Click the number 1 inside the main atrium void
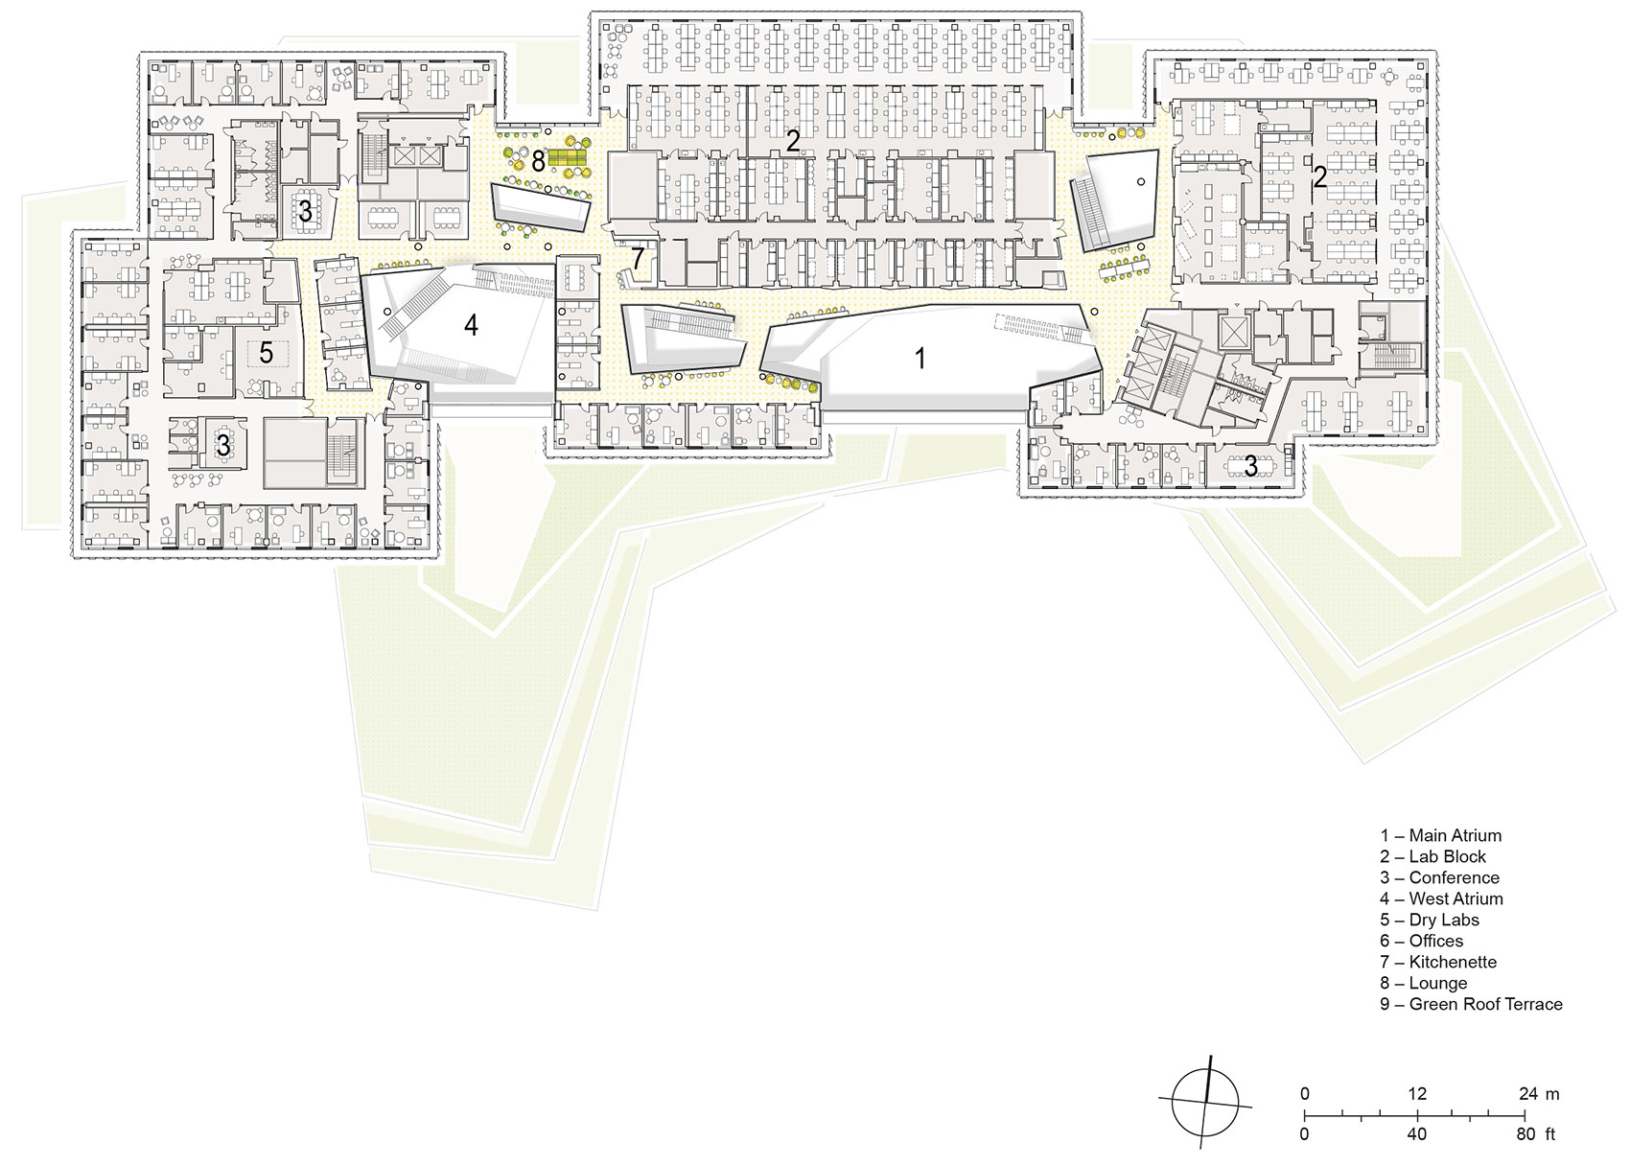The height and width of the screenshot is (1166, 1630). point(920,359)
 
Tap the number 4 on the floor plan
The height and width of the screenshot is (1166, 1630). point(471,326)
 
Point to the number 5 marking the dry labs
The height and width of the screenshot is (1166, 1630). point(267,353)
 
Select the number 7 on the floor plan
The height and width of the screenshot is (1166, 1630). point(638,259)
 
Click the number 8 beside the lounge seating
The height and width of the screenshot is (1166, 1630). point(538,160)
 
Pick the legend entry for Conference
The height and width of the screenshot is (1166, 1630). point(1439,877)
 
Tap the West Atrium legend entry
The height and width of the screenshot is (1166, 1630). point(1441,898)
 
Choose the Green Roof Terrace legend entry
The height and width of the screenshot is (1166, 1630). point(1471,1004)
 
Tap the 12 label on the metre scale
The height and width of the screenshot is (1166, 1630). point(1417,1094)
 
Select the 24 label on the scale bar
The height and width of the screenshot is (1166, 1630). point(1528,1094)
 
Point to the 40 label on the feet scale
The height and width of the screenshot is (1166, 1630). point(1417,1134)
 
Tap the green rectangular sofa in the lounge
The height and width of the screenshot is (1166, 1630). point(567,157)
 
